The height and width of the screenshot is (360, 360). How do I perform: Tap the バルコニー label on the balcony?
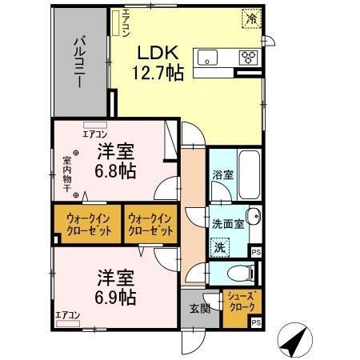tap(81, 58)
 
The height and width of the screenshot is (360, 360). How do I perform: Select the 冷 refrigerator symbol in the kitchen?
tap(252, 18)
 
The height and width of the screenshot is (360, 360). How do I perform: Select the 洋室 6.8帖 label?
tap(116, 161)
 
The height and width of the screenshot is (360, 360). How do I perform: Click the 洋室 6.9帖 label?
tap(116, 288)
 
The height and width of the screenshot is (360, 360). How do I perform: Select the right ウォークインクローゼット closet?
tap(150, 225)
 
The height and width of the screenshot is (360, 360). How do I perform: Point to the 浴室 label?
tap(222, 174)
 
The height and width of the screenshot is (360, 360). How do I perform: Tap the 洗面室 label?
tap(227, 223)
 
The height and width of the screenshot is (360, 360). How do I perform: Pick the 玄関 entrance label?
tap(199, 310)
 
